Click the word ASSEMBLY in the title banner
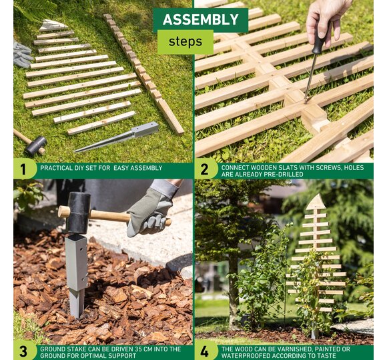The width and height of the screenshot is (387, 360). click(200, 19)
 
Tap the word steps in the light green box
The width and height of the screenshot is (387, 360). click(185, 42)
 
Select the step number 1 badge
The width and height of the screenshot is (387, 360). click(23, 169)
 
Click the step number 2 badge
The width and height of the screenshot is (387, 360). click(204, 169)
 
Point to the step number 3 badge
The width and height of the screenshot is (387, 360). click(23, 351)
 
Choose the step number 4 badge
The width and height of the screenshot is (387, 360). click(204, 351)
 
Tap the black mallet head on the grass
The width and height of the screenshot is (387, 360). click(36, 146)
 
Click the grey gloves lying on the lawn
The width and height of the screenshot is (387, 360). click(22, 54)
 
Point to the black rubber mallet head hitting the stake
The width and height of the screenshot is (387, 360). click(77, 213)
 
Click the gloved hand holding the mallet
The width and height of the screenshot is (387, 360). click(151, 211)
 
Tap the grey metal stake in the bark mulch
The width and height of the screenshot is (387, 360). click(77, 275)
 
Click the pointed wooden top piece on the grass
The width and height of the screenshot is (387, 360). click(52, 25)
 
